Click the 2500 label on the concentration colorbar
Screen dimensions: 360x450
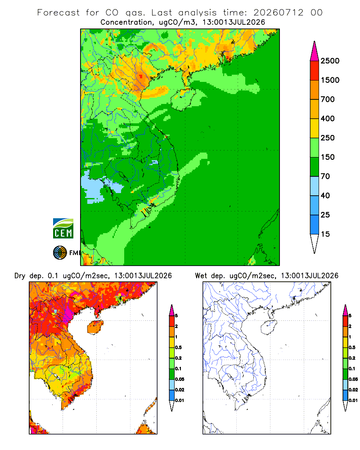pyautogui.click(x=330, y=61)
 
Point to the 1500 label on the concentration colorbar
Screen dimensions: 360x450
pyautogui.click(x=330, y=80)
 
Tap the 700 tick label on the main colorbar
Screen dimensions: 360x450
pyautogui.click(x=328, y=99)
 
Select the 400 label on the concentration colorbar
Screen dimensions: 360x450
pyautogui.click(x=328, y=118)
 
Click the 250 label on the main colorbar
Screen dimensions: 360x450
pyautogui.click(x=328, y=138)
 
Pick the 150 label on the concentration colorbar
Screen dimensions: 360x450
pyautogui.click(x=328, y=157)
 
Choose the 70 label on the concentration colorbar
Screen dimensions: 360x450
pyautogui.click(x=325, y=176)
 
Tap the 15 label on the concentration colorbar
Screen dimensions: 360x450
pyautogui.click(x=325, y=234)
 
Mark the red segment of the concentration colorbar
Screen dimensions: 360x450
pyautogui.click(x=315, y=71)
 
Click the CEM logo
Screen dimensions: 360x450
pyautogui.click(x=63, y=229)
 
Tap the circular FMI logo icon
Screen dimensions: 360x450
pyautogui.click(x=60, y=253)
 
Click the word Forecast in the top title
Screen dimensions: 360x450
pyautogui.click(x=58, y=13)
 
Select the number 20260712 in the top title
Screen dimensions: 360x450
pyautogui.click(x=278, y=13)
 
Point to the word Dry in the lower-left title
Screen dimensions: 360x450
pyautogui.click(x=20, y=276)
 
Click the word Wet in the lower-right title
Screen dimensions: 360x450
pyautogui.click(x=201, y=276)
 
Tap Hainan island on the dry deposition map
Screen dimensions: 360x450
pyautogui.click(x=95, y=327)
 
